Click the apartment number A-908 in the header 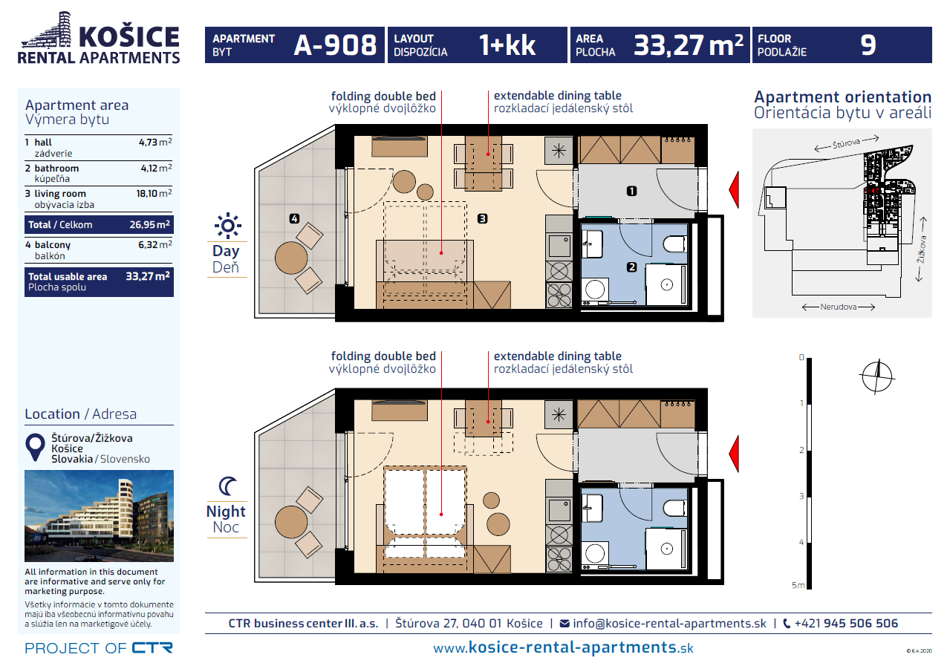pyautogui.click(x=335, y=45)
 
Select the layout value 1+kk pyautogui.click(x=507, y=45)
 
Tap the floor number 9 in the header pyautogui.click(x=868, y=45)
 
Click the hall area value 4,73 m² pyautogui.click(x=155, y=142)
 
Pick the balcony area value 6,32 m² pyautogui.click(x=155, y=244)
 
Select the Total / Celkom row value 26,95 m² pyautogui.click(x=150, y=225)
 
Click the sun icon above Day pyautogui.click(x=228, y=226)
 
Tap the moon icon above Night pyautogui.click(x=227, y=486)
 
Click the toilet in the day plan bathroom pyautogui.click(x=674, y=244)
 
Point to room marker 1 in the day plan pyautogui.click(x=631, y=192)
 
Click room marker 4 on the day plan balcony pyautogui.click(x=294, y=219)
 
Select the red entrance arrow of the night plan pyautogui.click(x=734, y=454)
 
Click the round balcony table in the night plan pyautogui.click(x=291, y=522)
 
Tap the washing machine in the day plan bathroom pyautogui.click(x=595, y=290)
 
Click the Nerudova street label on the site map pyautogui.click(x=838, y=307)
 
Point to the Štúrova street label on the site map pyautogui.click(x=846, y=143)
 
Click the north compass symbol pyautogui.click(x=877, y=376)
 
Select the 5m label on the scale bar pyautogui.click(x=798, y=585)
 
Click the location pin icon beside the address pyautogui.click(x=35, y=447)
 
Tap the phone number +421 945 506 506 pyautogui.click(x=846, y=623)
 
